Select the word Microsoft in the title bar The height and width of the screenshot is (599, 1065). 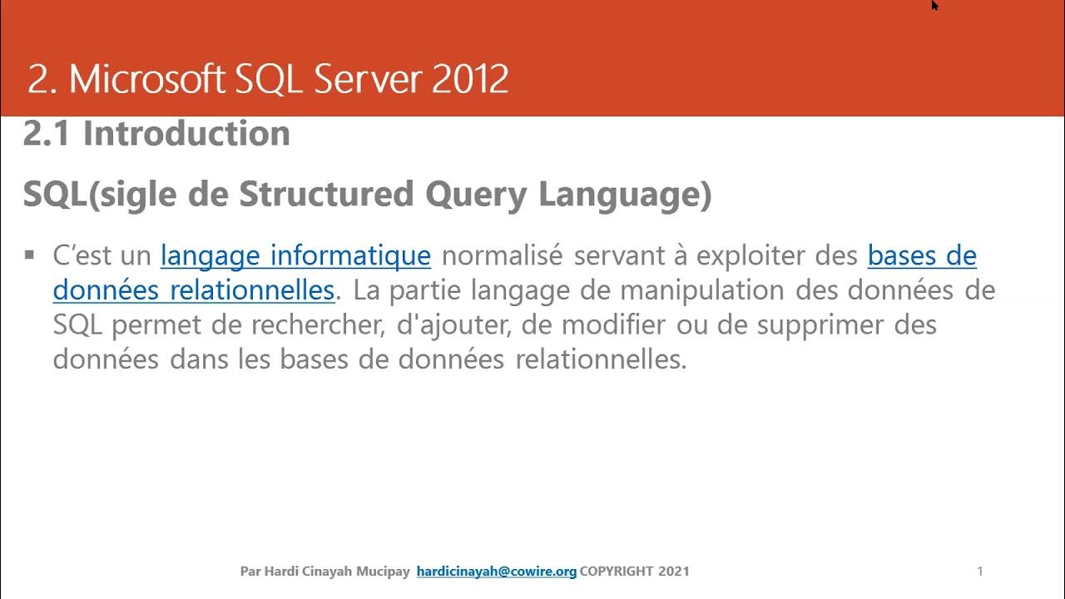click(x=146, y=80)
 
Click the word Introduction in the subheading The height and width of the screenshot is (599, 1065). click(x=186, y=134)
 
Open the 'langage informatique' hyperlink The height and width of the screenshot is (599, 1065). click(x=295, y=255)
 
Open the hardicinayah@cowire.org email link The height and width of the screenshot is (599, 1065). click(x=496, y=572)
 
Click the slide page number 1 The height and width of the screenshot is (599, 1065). click(x=980, y=571)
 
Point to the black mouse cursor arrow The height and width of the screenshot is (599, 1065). click(x=934, y=5)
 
